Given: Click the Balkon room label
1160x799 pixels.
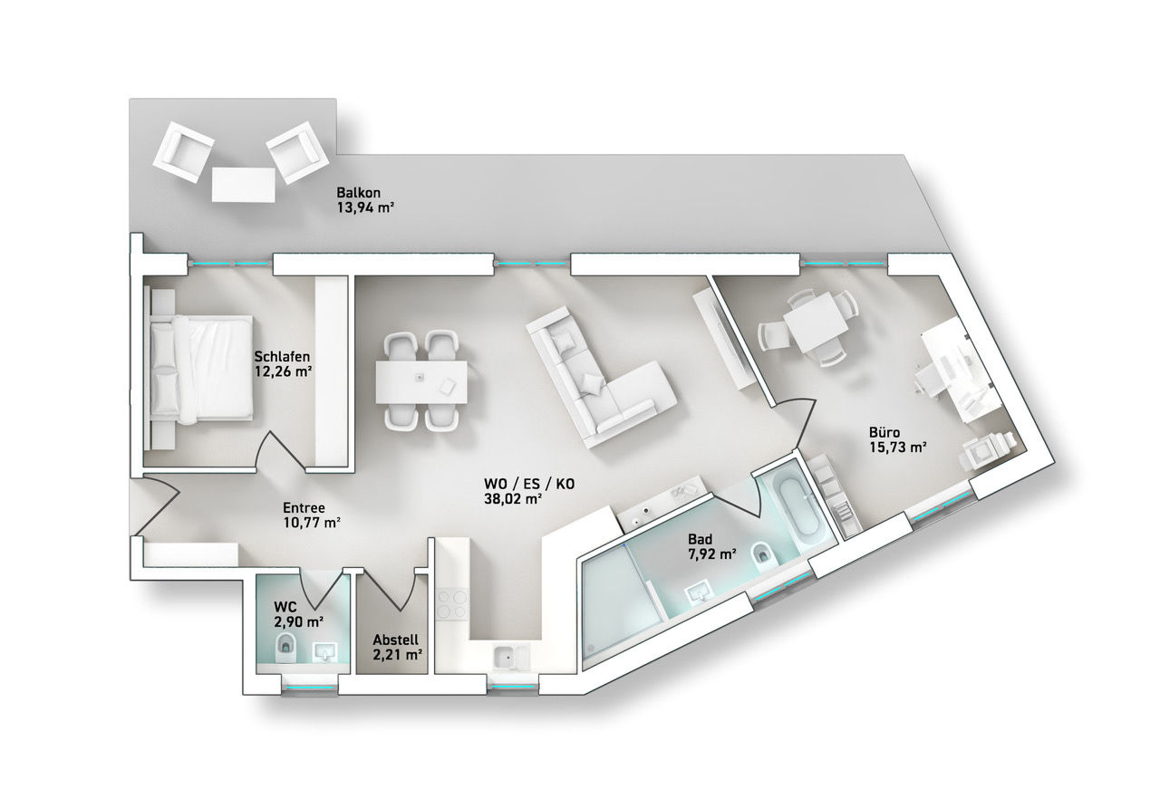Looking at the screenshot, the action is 358,193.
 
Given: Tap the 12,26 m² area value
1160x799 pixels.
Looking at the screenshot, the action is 283,371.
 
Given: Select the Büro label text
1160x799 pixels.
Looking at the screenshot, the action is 884,432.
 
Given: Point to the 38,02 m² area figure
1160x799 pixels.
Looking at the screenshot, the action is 513,499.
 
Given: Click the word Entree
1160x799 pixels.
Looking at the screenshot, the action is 304,507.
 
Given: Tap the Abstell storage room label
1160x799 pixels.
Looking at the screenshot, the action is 396,640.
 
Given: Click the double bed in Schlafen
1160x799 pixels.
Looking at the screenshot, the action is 201,369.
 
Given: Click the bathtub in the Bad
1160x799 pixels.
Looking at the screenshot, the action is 800,510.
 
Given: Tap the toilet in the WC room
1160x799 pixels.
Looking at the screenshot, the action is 285,648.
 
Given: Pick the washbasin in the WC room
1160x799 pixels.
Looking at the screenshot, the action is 325,651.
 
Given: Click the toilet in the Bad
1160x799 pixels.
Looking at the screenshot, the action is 764,557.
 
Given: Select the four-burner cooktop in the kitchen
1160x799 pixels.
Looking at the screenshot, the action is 451,604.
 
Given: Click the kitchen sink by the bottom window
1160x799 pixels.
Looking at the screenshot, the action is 510,658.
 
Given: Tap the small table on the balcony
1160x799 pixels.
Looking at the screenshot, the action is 244,186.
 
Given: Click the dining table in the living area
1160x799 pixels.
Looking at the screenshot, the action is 421,382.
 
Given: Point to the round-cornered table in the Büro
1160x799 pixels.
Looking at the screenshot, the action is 815,322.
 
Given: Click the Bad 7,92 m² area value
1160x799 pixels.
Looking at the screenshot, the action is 712,554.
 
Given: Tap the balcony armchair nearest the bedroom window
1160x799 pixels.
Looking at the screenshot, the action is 183,151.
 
